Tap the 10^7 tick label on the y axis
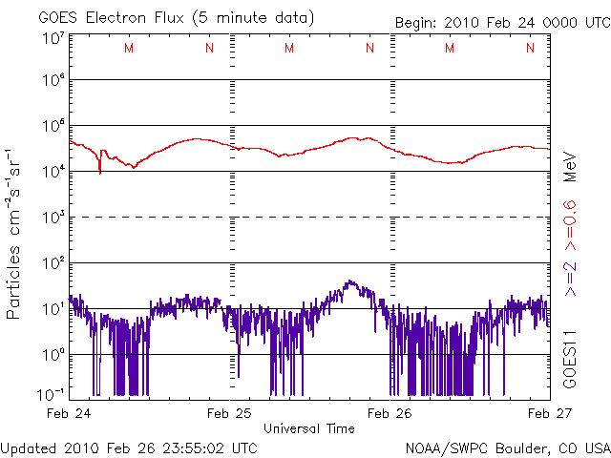click(x=53, y=38)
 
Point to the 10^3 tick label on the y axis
click(x=53, y=218)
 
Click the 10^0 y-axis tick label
click(x=53, y=354)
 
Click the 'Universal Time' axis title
click(x=308, y=428)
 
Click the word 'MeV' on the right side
click(x=568, y=166)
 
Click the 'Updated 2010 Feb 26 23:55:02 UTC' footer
click(x=129, y=447)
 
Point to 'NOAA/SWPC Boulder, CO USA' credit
click(x=506, y=447)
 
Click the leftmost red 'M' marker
click(x=129, y=48)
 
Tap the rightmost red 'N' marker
click(x=530, y=48)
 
